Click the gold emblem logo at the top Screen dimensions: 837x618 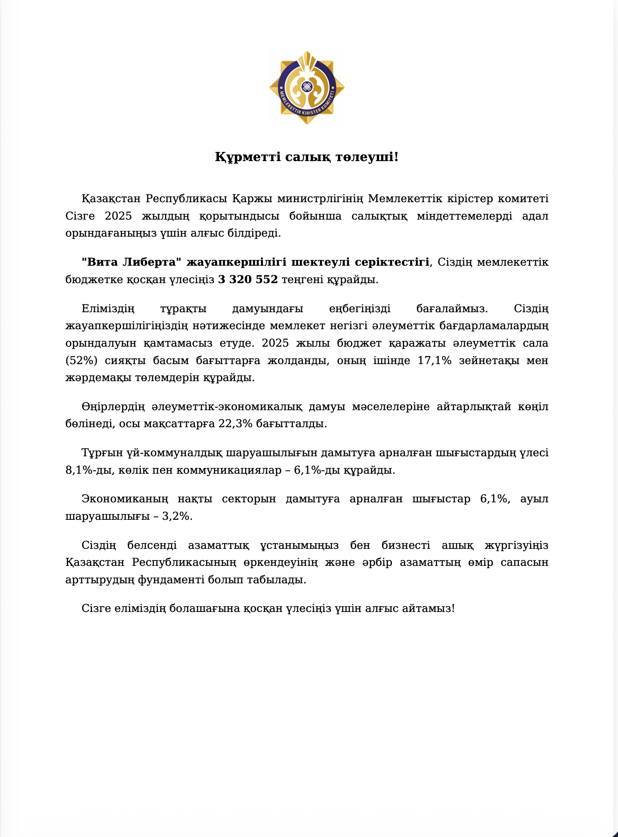click(307, 88)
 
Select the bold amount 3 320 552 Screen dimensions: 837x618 click(248, 279)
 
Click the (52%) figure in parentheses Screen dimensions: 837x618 click(81, 360)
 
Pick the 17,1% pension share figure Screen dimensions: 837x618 click(434, 360)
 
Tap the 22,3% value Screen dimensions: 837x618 click(235, 424)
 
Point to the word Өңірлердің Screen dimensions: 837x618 click(113, 406)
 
